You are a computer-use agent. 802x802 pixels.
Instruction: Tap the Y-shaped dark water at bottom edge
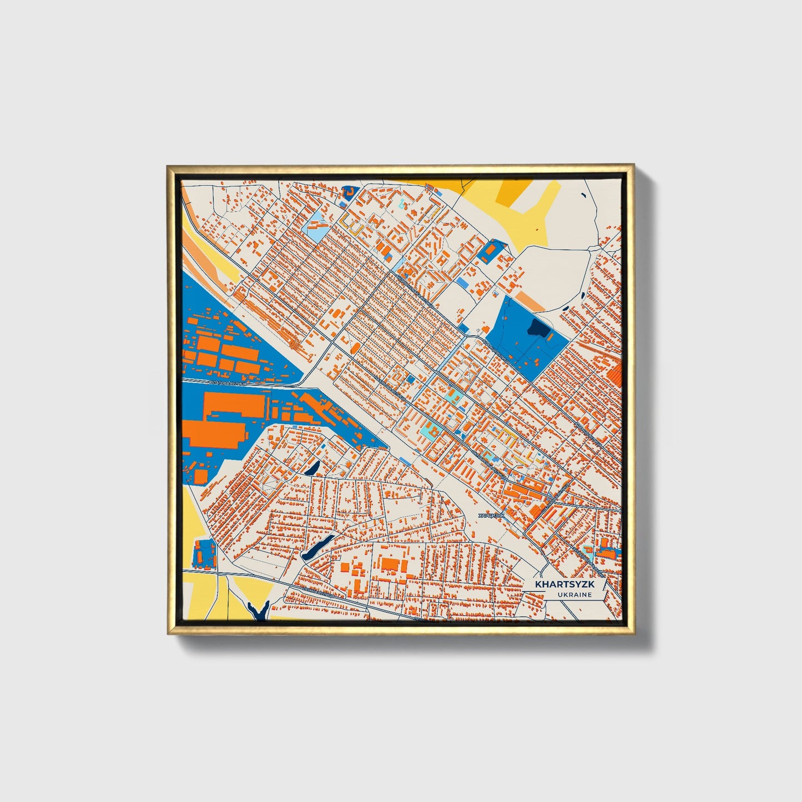[x=258, y=611]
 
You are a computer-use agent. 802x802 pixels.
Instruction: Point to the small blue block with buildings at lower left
[x=204, y=553]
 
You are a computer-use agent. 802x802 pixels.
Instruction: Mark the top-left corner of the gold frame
[x=168, y=166]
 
